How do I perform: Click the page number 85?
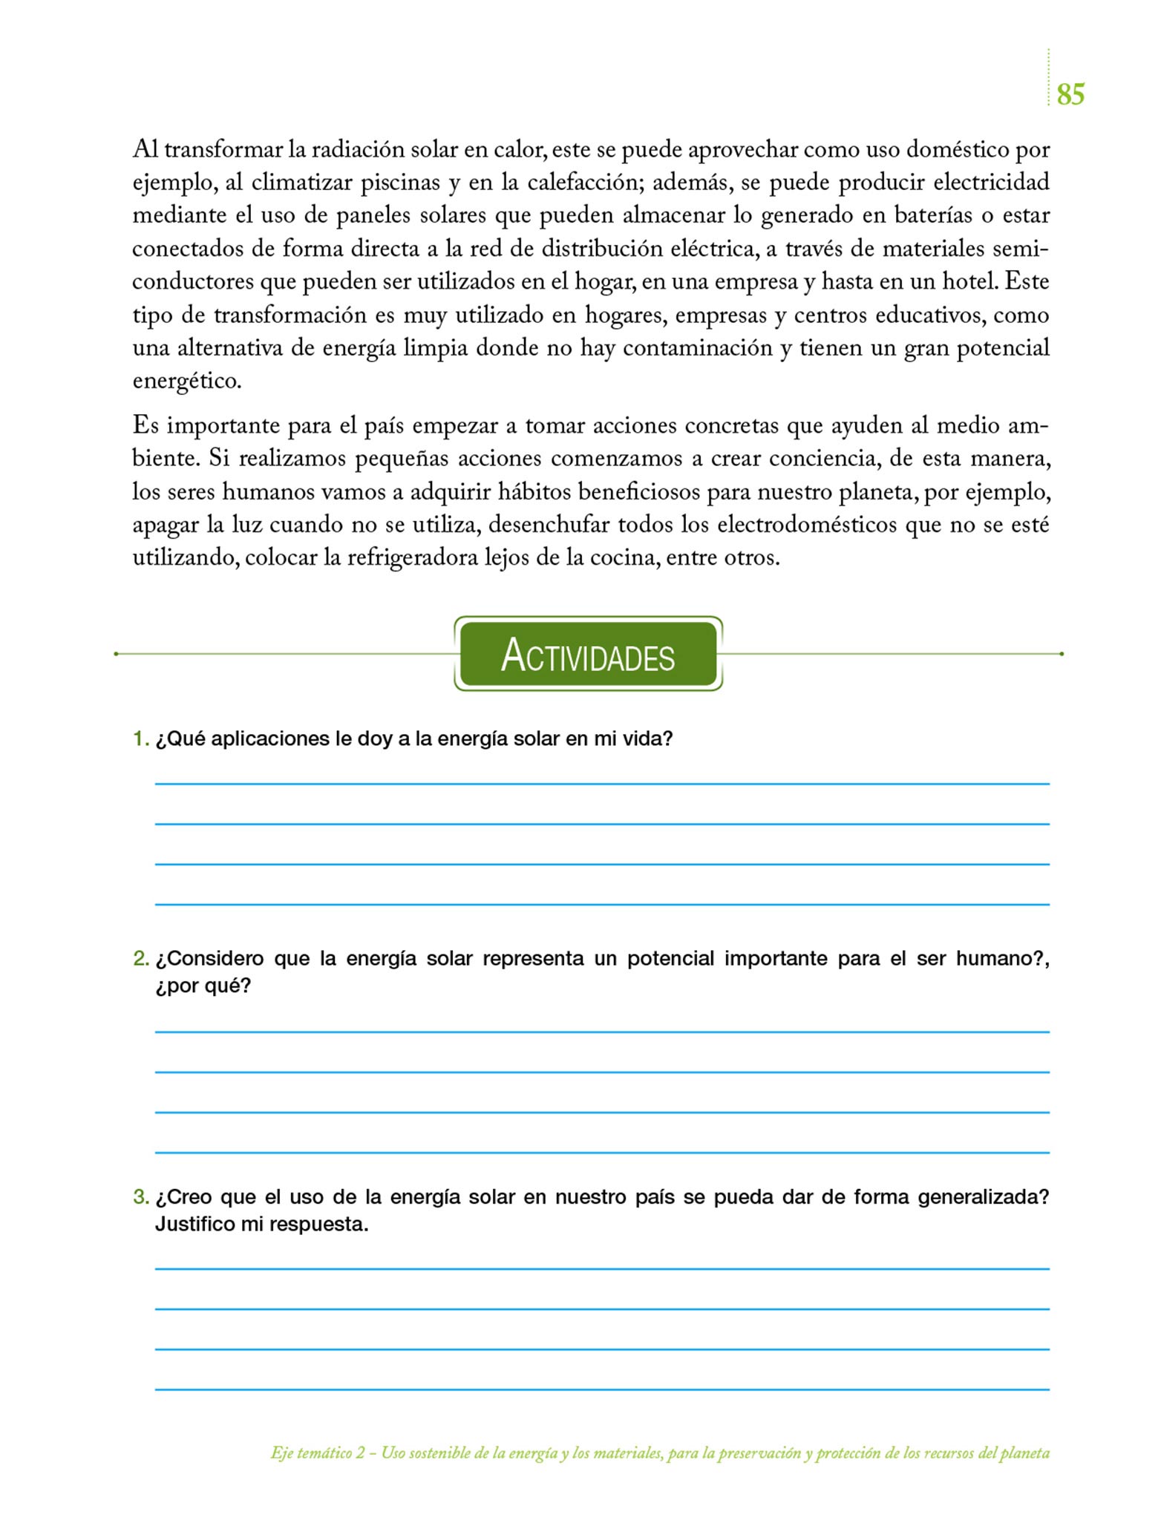1070,94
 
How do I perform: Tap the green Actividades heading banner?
588,655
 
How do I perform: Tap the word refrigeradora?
413,557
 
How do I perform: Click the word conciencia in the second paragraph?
825,458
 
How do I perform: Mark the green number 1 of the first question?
140,739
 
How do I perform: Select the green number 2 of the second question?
140,959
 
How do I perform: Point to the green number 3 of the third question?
140,1197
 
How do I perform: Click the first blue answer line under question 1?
602,784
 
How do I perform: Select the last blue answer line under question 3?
602,1389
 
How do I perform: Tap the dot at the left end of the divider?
117,654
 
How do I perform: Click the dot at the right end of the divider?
1062,654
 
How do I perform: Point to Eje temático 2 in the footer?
318,1453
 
